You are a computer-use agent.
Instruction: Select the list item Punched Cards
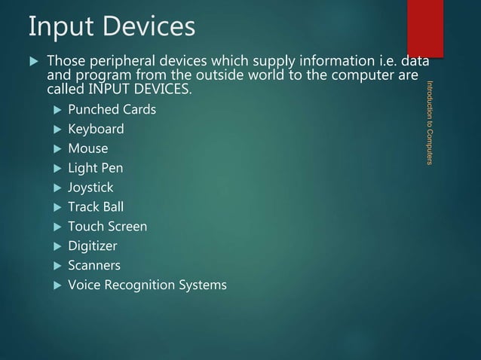click(x=112, y=110)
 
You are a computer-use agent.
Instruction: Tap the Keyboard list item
click(x=96, y=130)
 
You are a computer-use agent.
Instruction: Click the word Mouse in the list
click(x=87, y=149)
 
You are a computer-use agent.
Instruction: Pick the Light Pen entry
click(x=95, y=169)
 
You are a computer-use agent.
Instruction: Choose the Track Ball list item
click(x=95, y=207)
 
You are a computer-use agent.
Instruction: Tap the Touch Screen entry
click(x=107, y=227)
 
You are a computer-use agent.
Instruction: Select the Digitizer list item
click(x=92, y=246)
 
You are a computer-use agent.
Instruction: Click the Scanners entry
click(x=93, y=266)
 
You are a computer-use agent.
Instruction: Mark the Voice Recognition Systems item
click(x=146, y=285)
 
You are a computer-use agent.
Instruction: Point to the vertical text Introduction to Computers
click(x=429, y=122)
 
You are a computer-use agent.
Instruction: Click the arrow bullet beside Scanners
click(x=57, y=266)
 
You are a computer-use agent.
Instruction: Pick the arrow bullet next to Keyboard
click(x=57, y=130)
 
